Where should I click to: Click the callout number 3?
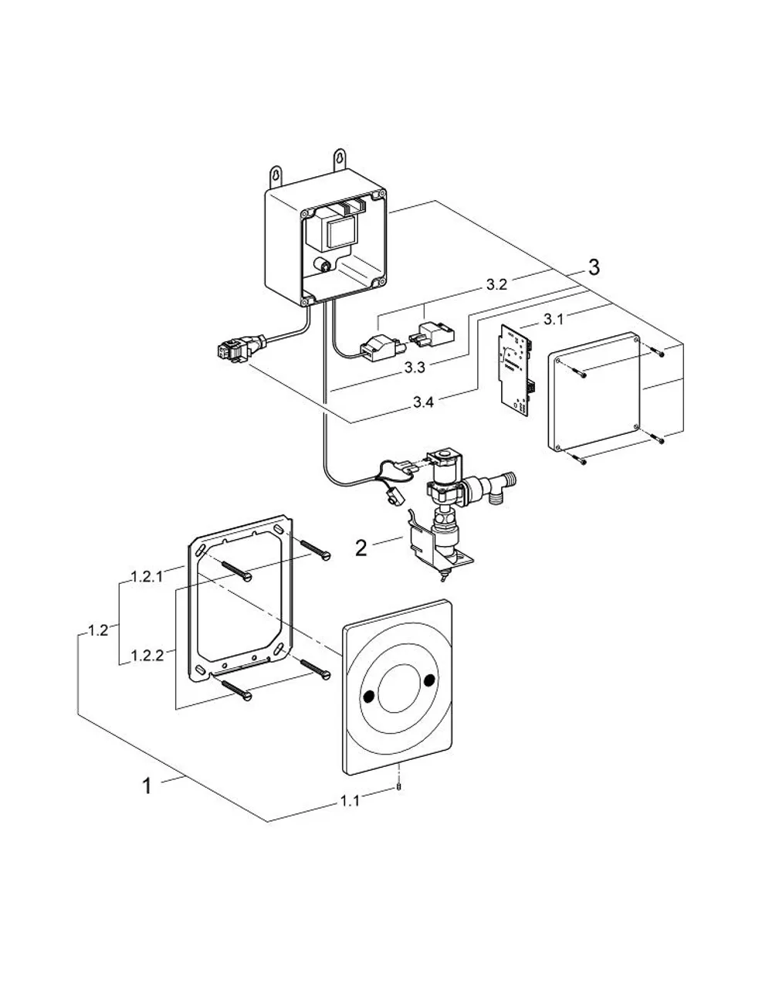pyautogui.click(x=594, y=267)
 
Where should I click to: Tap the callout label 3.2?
pyautogui.click(x=496, y=284)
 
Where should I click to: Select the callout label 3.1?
pyautogui.click(x=554, y=320)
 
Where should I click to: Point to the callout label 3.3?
pyautogui.click(x=415, y=367)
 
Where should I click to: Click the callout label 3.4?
pyautogui.click(x=423, y=402)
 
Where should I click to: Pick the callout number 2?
pyautogui.click(x=361, y=548)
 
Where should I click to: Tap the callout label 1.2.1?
pyautogui.click(x=147, y=577)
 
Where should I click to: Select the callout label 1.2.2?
pyautogui.click(x=147, y=656)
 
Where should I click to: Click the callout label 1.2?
pyautogui.click(x=98, y=630)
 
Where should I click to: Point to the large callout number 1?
pyautogui.click(x=147, y=787)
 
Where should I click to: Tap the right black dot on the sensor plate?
pyautogui.click(x=429, y=680)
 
